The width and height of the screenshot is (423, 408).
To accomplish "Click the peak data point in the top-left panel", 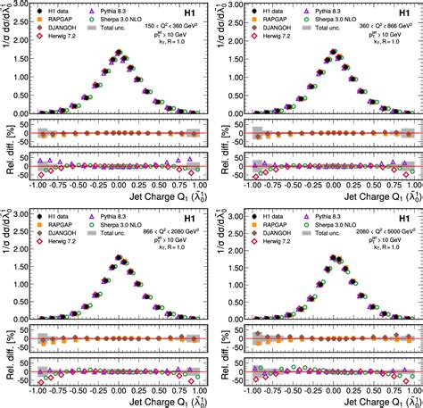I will pos(120,52).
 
